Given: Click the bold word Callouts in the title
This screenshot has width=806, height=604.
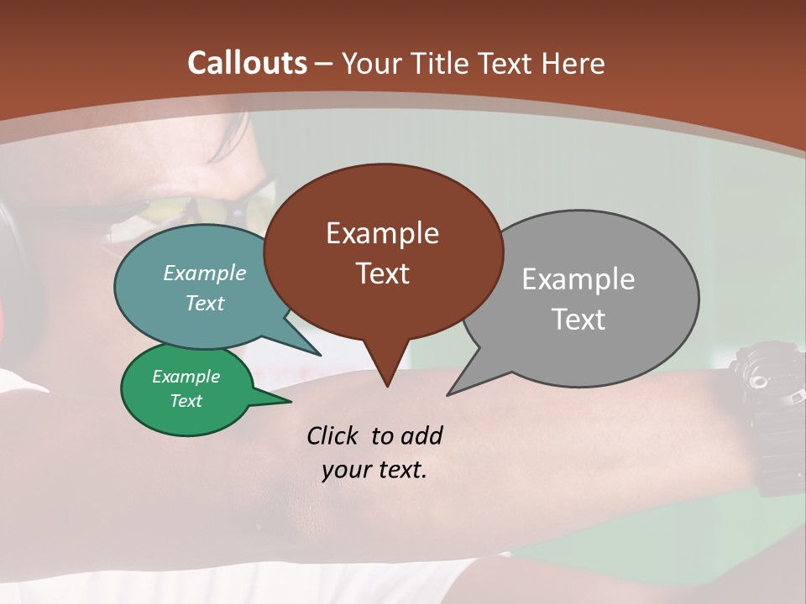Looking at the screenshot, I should pos(247,63).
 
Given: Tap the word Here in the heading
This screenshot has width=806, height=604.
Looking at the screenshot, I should pos(574,63).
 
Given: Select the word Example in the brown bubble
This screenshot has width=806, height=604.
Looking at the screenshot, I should pos(382,233).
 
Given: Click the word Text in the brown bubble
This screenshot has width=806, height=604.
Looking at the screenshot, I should pos(382,273).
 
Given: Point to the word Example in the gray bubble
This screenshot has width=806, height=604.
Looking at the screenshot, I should pos(578,279).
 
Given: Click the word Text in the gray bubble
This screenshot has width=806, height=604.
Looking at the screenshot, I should pos(578,320).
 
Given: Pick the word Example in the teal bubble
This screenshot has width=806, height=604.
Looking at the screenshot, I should pos(205,273).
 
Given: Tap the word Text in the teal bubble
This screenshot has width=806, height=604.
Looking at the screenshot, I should pos(205,303).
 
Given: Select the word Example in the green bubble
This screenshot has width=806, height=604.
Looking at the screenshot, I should pos(186,377).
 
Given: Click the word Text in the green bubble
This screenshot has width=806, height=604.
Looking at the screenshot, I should pos(186,401).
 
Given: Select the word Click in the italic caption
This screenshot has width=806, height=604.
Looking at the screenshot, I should pos(334,435).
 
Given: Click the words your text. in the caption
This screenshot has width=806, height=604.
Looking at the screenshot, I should pos(374,470).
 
